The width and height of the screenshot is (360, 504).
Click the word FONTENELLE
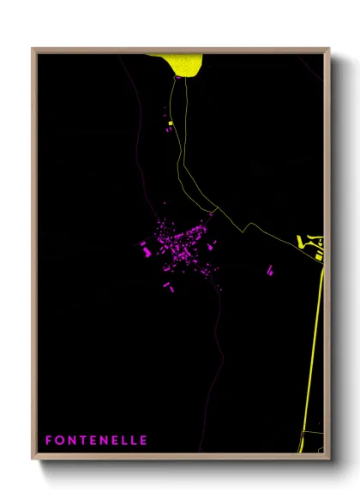[x=97, y=440]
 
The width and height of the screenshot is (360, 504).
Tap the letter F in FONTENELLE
[x=49, y=440]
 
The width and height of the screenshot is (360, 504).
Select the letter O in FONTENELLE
[x=60, y=440]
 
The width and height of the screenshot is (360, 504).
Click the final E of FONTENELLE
[x=143, y=440]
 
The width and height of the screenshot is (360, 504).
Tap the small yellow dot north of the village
[x=171, y=123]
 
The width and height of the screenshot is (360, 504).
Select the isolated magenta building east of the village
[x=270, y=270]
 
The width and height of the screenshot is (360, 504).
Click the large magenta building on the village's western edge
[x=147, y=250]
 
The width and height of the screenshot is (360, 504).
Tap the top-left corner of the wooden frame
[x=33, y=49]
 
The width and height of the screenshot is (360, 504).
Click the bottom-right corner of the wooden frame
[x=329, y=457]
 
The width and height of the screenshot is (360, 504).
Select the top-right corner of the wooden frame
[x=329, y=49]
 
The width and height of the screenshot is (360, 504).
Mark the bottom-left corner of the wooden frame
[x=33, y=457]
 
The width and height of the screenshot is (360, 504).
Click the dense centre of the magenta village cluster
[x=181, y=243]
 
